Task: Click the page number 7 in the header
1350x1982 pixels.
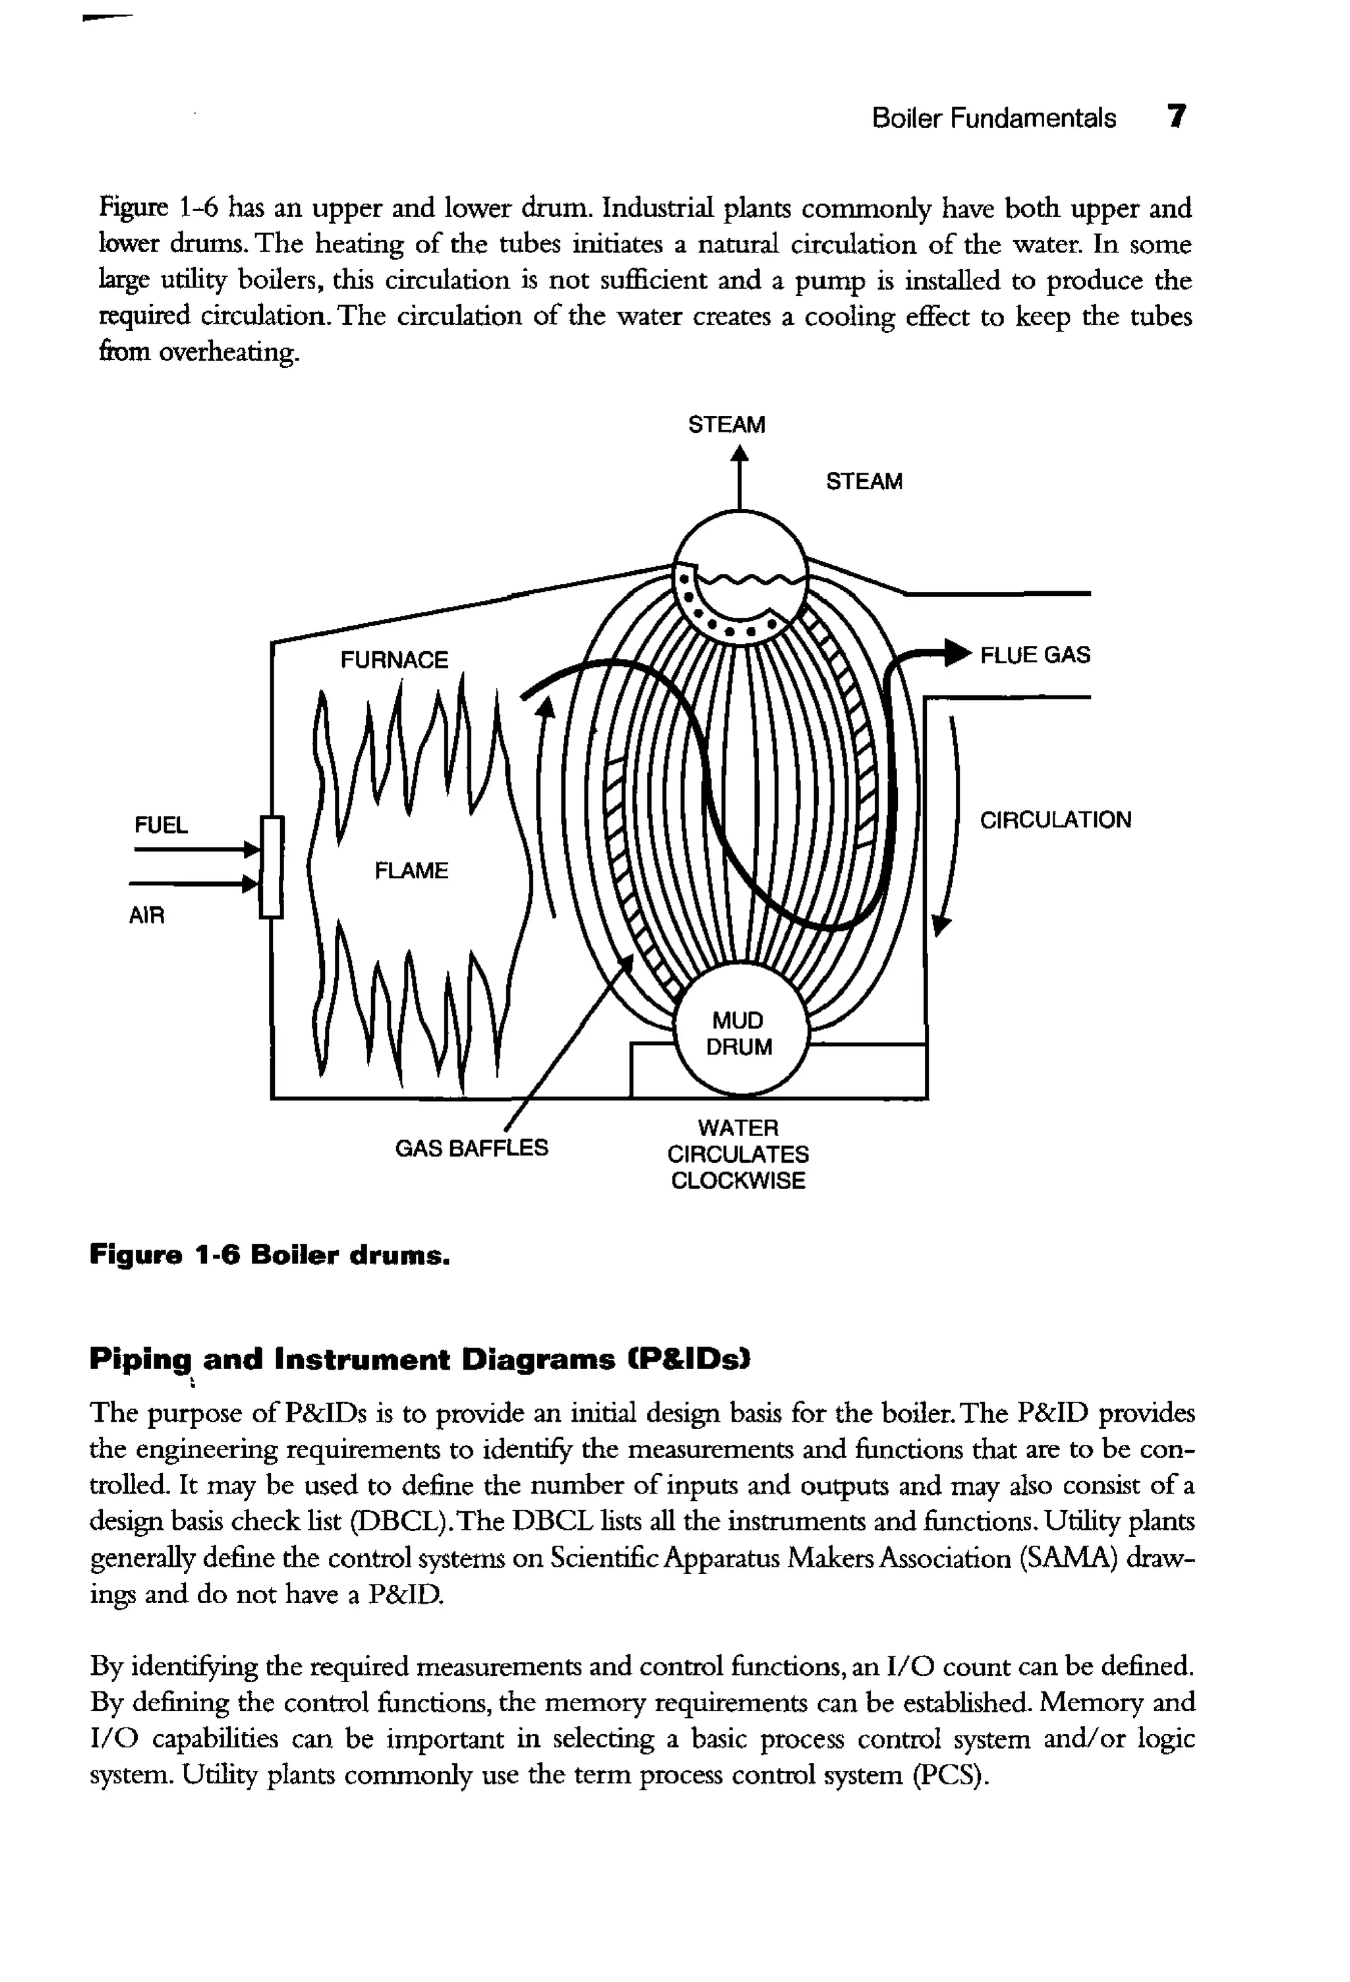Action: coord(1176,116)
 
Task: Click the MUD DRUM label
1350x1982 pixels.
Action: coord(738,1033)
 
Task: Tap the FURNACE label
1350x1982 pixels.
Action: coord(394,660)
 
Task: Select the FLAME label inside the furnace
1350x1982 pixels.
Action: coord(411,871)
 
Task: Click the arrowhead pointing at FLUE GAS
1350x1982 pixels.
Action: coord(958,654)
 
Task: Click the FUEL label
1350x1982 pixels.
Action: coord(161,825)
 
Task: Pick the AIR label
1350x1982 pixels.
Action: coord(146,916)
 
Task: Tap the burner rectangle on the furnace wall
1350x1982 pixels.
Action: coord(271,867)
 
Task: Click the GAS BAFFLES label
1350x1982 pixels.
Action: coord(471,1148)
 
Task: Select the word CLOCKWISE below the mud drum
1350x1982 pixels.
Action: coord(738,1181)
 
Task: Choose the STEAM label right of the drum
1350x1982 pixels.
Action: coord(864,482)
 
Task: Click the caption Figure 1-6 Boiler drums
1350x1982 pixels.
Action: coord(270,1256)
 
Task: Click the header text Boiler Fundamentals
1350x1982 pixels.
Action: coord(993,118)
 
